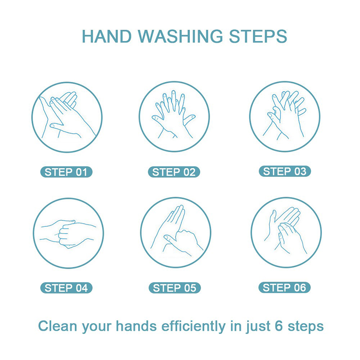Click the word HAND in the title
click(x=107, y=36)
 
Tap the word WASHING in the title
click(x=180, y=36)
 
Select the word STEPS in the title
click(x=258, y=36)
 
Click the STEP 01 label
click(x=66, y=172)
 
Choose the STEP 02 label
click(x=174, y=172)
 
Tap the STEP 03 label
click(x=285, y=171)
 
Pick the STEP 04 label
click(x=66, y=288)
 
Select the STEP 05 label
click(x=175, y=288)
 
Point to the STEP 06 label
click(x=284, y=288)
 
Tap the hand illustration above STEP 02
click(x=174, y=114)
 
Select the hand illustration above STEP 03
click(x=284, y=115)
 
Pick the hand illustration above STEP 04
click(x=68, y=234)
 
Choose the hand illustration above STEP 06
click(x=285, y=230)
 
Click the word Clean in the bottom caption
click(x=58, y=326)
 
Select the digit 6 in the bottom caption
click(x=279, y=326)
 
